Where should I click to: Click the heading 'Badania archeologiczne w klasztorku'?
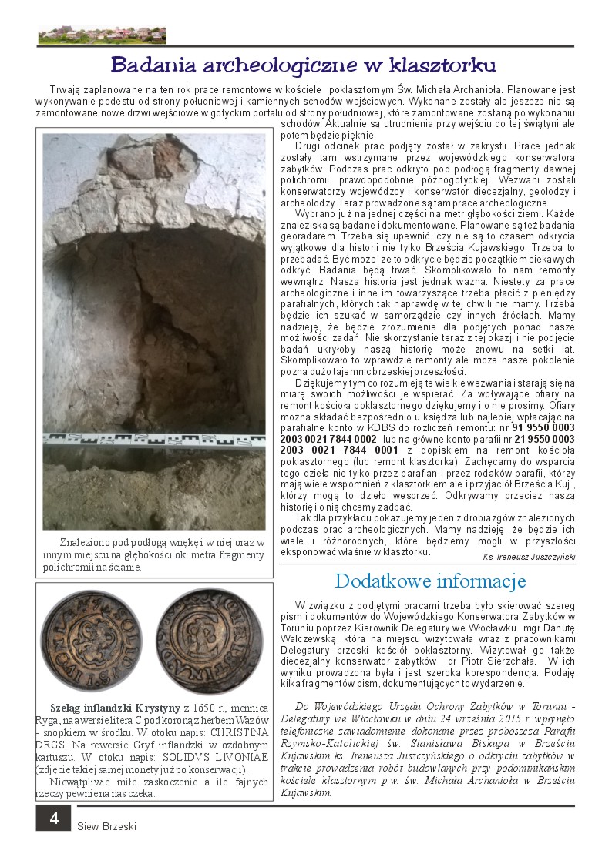[304, 64]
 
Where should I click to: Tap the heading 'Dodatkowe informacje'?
[430, 580]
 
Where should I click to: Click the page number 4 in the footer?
[54, 818]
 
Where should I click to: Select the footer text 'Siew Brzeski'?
[106, 826]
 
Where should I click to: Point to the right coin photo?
[210, 641]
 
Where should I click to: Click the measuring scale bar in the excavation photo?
[154, 440]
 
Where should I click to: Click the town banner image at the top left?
[102, 35]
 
